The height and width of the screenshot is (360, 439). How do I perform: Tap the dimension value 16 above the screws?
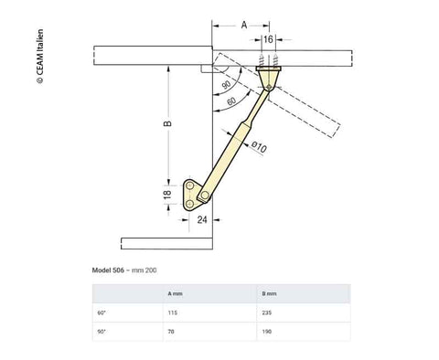[267, 40]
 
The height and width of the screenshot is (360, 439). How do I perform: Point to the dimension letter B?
[166, 125]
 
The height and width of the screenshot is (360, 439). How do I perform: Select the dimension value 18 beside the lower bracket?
[166, 196]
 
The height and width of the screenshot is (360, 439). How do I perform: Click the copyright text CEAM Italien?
[39, 54]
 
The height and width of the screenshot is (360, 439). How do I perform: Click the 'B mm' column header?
[269, 294]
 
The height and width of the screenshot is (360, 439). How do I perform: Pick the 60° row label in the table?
[102, 312]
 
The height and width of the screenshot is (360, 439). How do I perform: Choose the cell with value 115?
[173, 312]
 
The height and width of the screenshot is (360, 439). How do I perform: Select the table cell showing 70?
[171, 332]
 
